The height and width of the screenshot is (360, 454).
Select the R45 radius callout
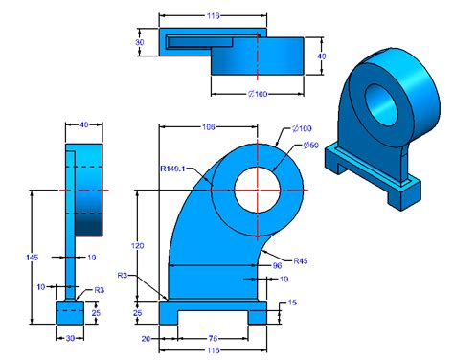point(300,260)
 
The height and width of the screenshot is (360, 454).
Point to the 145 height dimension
point(34,258)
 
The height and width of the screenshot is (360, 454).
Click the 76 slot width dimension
point(212,337)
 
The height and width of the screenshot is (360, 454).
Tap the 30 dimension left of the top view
point(140,42)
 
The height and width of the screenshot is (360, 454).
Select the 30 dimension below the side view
point(70,337)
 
